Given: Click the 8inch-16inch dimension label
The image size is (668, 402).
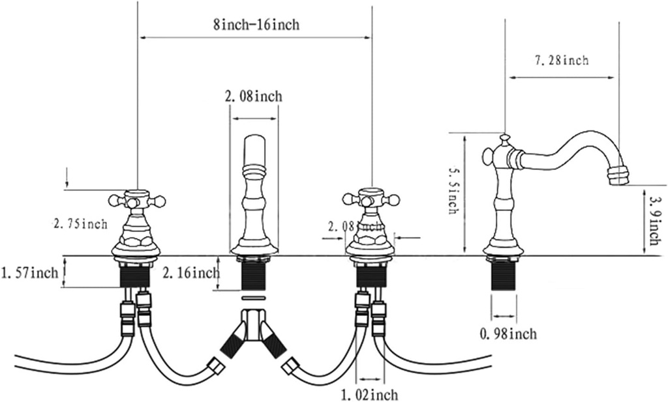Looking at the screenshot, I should click(256, 25).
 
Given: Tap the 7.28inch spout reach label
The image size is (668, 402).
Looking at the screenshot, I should click(562, 61).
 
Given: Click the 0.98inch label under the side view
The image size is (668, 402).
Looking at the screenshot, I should click(508, 334).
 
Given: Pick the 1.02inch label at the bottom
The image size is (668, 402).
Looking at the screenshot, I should click(370, 394).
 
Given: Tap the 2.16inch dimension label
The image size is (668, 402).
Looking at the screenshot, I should click(190, 272).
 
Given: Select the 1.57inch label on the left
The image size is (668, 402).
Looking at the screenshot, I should click(30, 271).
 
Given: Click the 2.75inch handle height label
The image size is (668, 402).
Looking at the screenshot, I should click(80, 224).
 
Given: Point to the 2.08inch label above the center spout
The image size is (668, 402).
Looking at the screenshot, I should click(253, 96).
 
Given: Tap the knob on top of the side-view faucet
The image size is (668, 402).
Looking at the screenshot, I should click(504, 139).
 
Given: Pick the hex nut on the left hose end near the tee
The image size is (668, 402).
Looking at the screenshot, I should click(216, 367).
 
